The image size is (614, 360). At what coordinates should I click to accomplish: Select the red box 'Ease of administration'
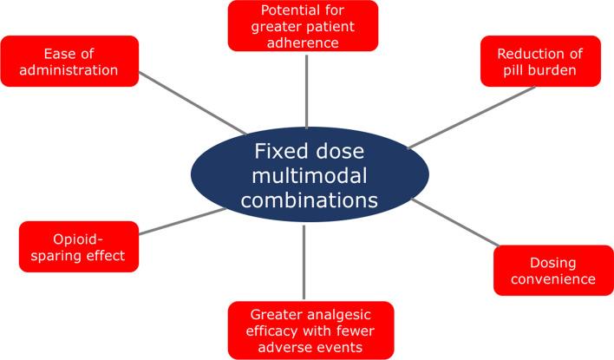tap(69, 61)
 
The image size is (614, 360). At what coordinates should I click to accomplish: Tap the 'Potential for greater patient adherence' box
tap(303, 25)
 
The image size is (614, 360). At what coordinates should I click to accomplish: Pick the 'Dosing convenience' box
tap(552, 271)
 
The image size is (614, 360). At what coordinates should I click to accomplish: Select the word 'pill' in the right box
tap(518, 70)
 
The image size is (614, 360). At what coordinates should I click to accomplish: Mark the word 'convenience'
tap(552, 279)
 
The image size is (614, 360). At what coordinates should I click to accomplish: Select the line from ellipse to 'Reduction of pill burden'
tap(473, 117)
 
